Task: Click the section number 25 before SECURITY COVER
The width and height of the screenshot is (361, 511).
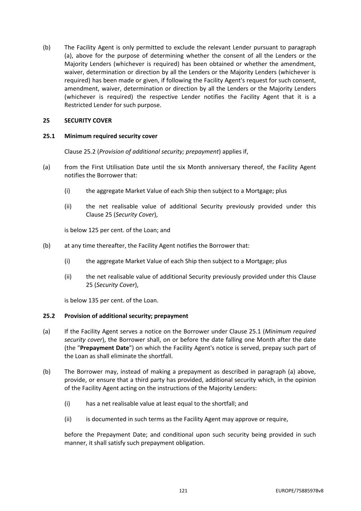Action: [46, 121]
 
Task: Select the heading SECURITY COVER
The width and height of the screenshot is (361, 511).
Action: [88, 121]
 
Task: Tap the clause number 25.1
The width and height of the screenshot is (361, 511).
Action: [49, 136]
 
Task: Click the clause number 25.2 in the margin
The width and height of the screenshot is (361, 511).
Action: [49, 316]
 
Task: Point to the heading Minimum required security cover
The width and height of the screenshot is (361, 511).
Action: [111, 136]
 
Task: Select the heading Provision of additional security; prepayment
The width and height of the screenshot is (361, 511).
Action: [126, 316]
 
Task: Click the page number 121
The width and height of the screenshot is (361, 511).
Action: [183, 491]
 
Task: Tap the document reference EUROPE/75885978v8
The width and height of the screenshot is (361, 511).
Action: [299, 491]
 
